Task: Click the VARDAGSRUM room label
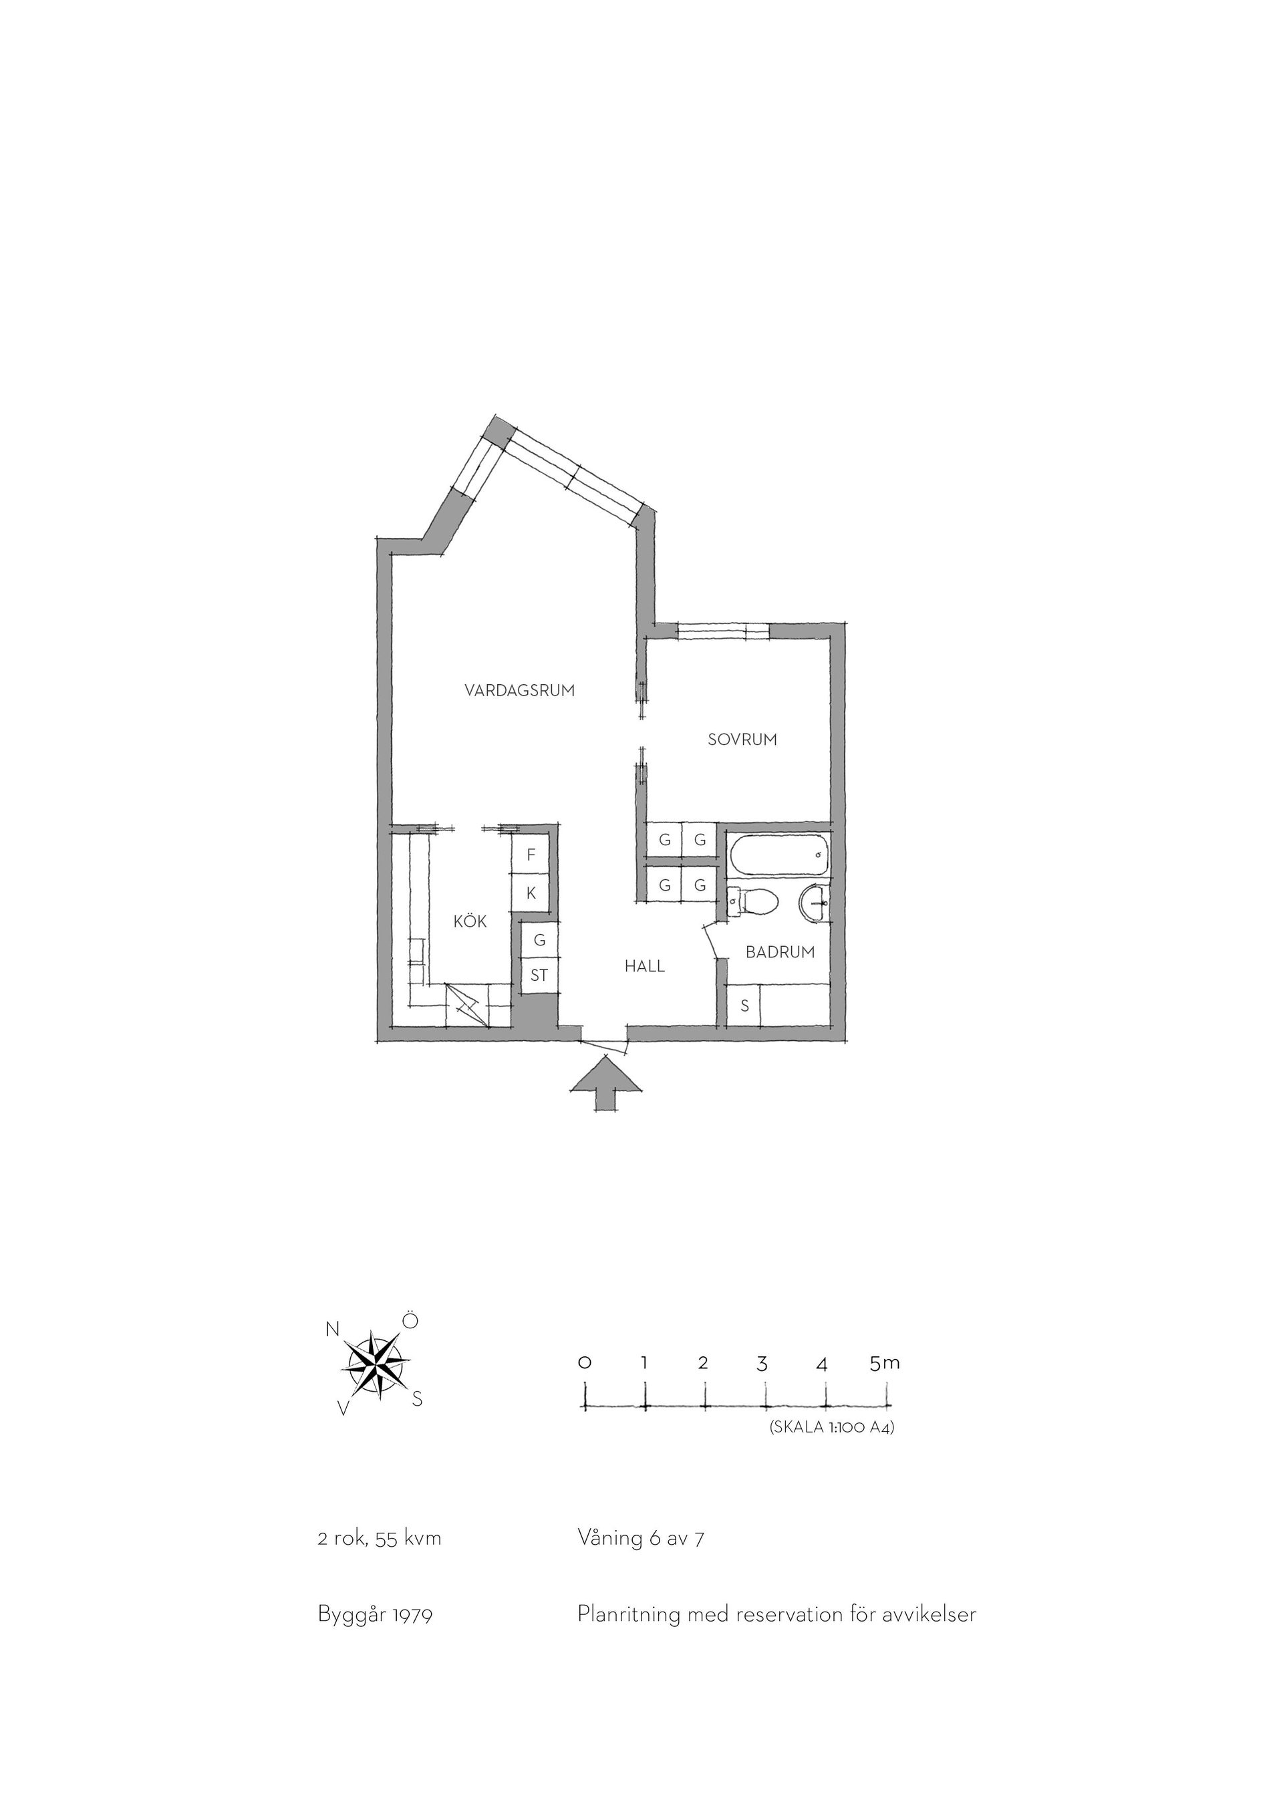[519, 690]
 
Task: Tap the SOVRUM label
[742, 740]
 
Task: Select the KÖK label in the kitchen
[470, 921]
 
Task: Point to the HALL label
[645, 965]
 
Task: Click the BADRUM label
[780, 952]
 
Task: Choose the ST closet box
[539, 975]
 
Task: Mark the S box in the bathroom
[744, 1006]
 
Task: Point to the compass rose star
[376, 1365]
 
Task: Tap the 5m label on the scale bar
[885, 1362]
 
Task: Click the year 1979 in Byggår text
[412, 1614]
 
